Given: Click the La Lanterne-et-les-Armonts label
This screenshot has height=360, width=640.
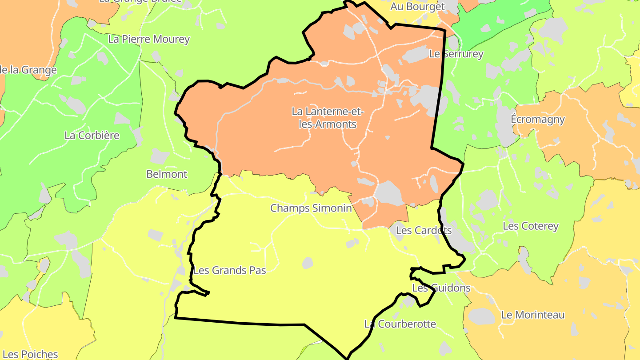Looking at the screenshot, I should pyautogui.click(x=327, y=117).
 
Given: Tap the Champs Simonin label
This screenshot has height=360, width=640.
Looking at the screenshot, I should pyautogui.click(x=311, y=208).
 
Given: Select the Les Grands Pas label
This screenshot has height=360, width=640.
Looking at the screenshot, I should pyautogui.click(x=229, y=270).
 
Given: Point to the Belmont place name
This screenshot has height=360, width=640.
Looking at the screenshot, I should pyautogui.click(x=167, y=174).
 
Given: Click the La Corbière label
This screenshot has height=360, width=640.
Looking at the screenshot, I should pyautogui.click(x=92, y=135).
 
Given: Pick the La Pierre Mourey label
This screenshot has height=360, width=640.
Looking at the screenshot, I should pyautogui.click(x=149, y=39).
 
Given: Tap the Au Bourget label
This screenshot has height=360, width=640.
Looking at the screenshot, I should pyautogui.click(x=417, y=7).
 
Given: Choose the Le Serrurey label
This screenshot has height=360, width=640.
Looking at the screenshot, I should pyautogui.click(x=456, y=54).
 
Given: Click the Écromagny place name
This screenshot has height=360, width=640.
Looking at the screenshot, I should pyautogui.click(x=538, y=120).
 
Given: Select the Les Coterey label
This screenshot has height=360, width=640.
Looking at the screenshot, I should pyautogui.click(x=530, y=226).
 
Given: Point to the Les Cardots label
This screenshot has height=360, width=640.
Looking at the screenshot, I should pyautogui.click(x=423, y=230).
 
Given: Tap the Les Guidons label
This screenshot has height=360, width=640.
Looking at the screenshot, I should pyautogui.click(x=441, y=288).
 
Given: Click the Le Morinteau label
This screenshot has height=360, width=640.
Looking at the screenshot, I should pyautogui.click(x=533, y=315).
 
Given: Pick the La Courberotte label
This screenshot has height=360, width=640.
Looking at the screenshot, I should pyautogui.click(x=400, y=324).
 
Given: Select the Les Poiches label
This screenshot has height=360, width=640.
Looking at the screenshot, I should pyautogui.click(x=33, y=354).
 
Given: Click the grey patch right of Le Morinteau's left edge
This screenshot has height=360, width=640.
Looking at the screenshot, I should pyautogui.click(x=482, y=316).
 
